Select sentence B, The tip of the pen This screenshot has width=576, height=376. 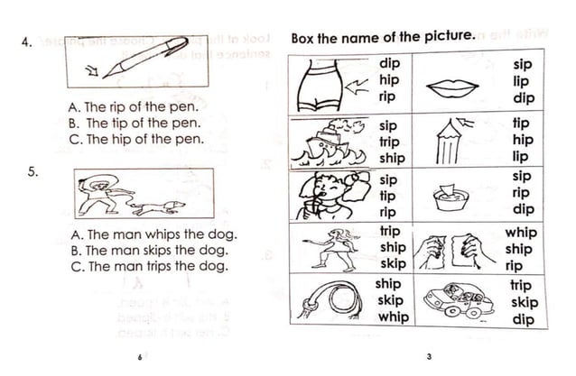(134, 124)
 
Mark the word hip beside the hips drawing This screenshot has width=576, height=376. (389, 80)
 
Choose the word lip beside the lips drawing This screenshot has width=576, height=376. (522, 80)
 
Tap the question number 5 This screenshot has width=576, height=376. (32, 172)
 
